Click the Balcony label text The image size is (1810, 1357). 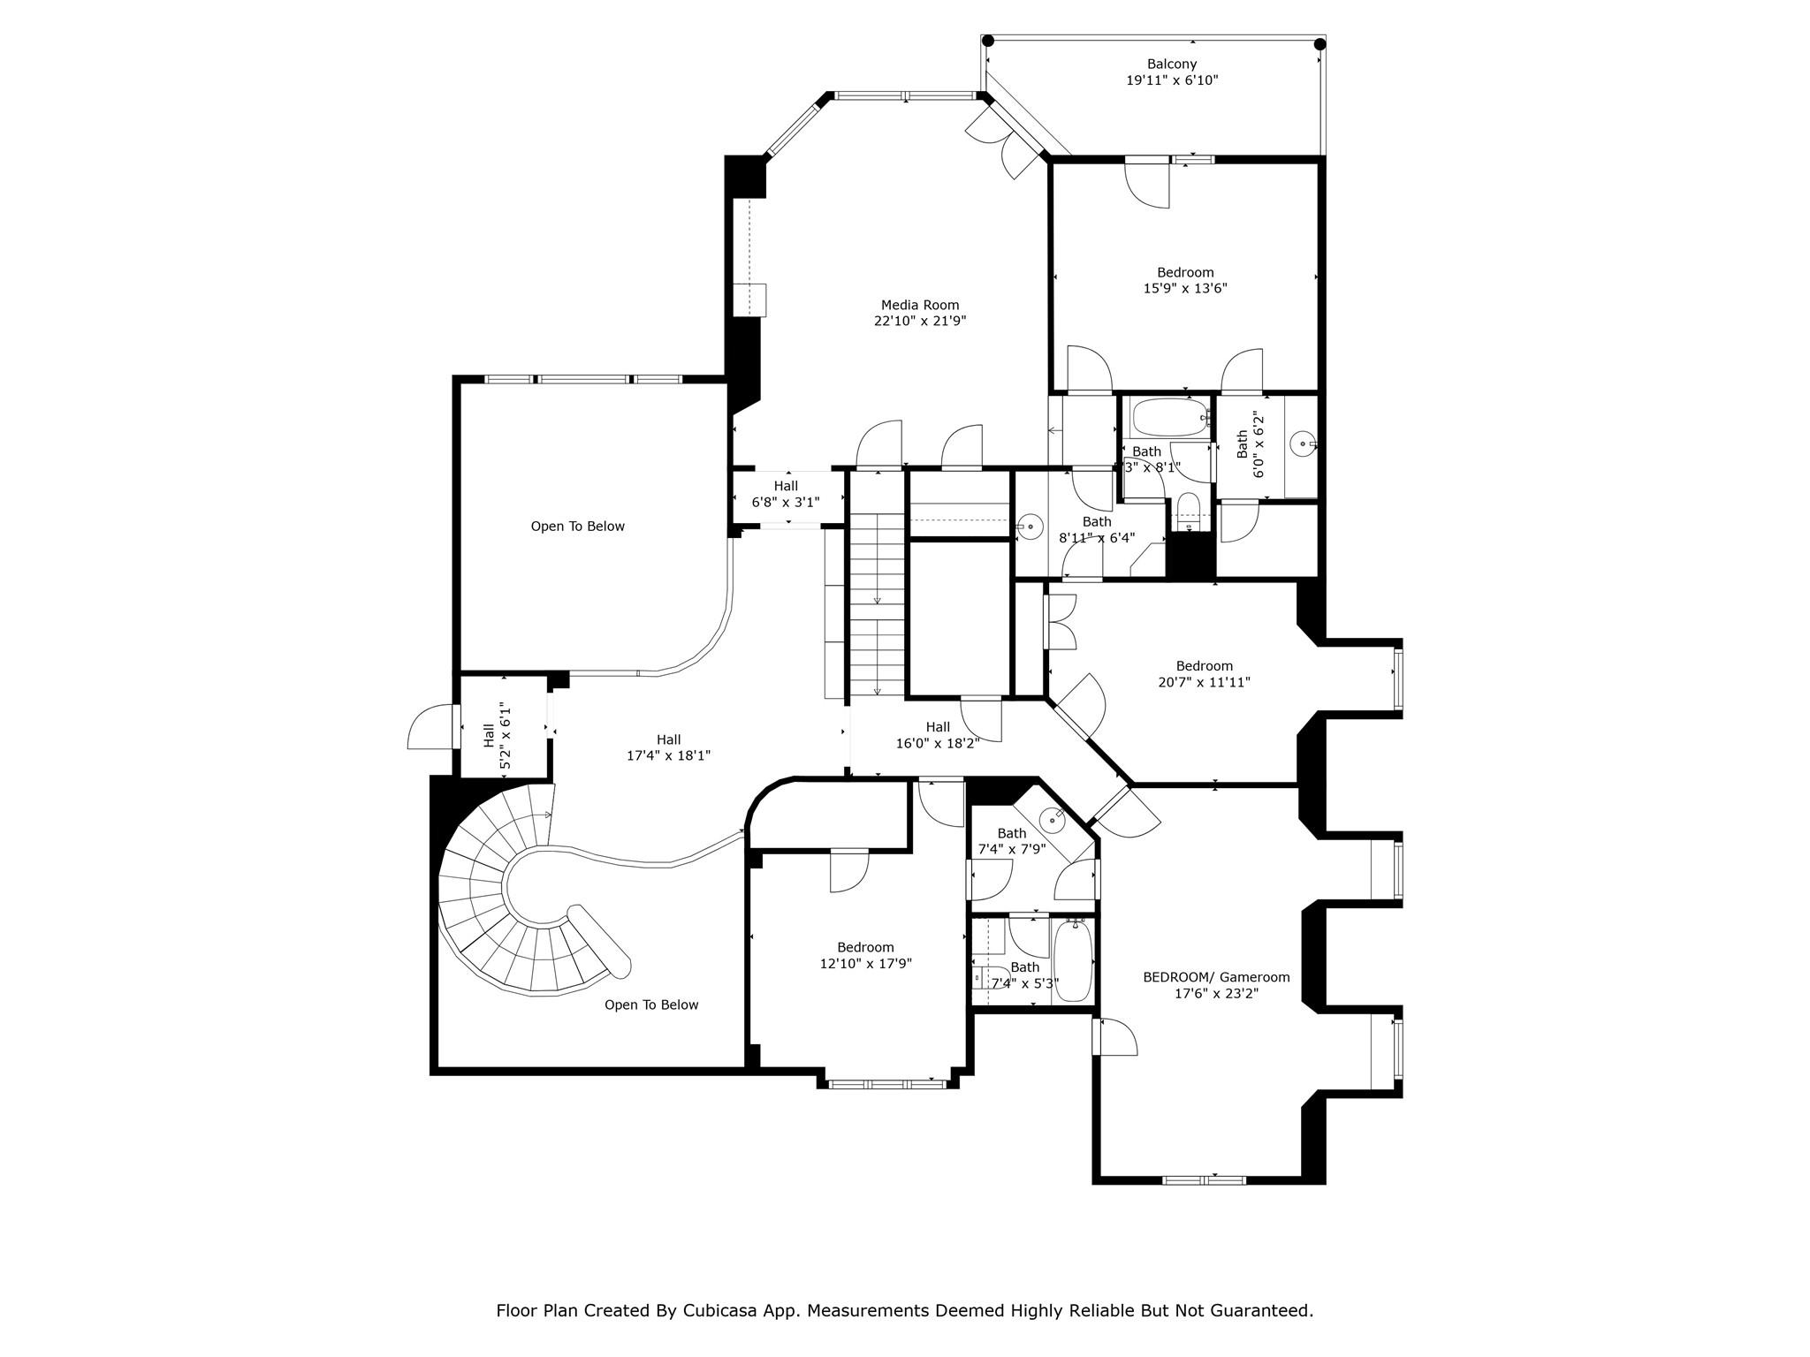coord(1172,64)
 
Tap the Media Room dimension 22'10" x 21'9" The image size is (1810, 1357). coord(920,322)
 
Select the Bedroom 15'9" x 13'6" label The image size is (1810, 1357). coord(1185,280)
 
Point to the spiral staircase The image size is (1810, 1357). coord(513,901)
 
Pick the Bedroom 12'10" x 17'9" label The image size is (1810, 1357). coord(865,955)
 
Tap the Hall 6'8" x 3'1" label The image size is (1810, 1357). coord(786,494)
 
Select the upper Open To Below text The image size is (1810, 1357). coord(577,527)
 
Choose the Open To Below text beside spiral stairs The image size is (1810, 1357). coord(651,1004)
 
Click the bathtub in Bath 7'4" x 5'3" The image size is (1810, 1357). coord(1074,960)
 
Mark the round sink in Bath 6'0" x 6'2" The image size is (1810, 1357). coord(1303,443)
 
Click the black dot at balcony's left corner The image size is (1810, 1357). coord(988,41)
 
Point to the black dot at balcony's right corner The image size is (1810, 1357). coord(1319,43)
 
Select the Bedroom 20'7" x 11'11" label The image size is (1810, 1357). coord(1204,674)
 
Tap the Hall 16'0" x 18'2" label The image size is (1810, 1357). coord(938,735)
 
